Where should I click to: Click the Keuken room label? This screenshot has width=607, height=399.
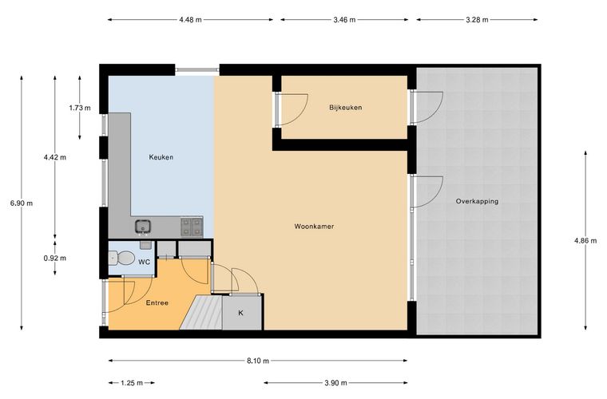click(161, 157)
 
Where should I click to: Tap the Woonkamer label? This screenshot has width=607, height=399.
click(314, 226)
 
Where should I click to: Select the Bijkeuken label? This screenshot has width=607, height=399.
click(346, 108)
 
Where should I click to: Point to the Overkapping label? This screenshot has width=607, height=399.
click(477, 201)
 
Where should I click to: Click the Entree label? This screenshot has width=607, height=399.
click(157, 302)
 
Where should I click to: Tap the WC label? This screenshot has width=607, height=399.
click(145, 262)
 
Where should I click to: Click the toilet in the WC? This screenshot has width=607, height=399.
click(121, 258)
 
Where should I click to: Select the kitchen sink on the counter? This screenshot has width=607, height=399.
click(143, 227)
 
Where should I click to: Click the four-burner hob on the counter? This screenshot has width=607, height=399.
click(192, 227)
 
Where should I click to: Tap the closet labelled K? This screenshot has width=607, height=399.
click(242, 313)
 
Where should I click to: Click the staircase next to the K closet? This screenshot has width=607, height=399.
click(201, 312)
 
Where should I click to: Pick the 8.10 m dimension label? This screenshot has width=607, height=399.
click(258, 361)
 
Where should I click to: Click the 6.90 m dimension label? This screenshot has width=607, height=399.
click(22, 203)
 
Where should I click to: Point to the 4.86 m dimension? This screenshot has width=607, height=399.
click(585, 240)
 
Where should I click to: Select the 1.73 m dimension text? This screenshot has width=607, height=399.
click(80, 108)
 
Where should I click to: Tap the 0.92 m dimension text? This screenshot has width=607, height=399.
click(55, 258)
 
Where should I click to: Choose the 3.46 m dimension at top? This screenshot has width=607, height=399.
click(344, 20)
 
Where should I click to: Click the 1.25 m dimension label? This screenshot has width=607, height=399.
click(132, 383)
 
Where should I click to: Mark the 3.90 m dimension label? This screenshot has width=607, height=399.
click(335, 383)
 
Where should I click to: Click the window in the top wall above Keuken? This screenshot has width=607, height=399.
click(197, 70)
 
